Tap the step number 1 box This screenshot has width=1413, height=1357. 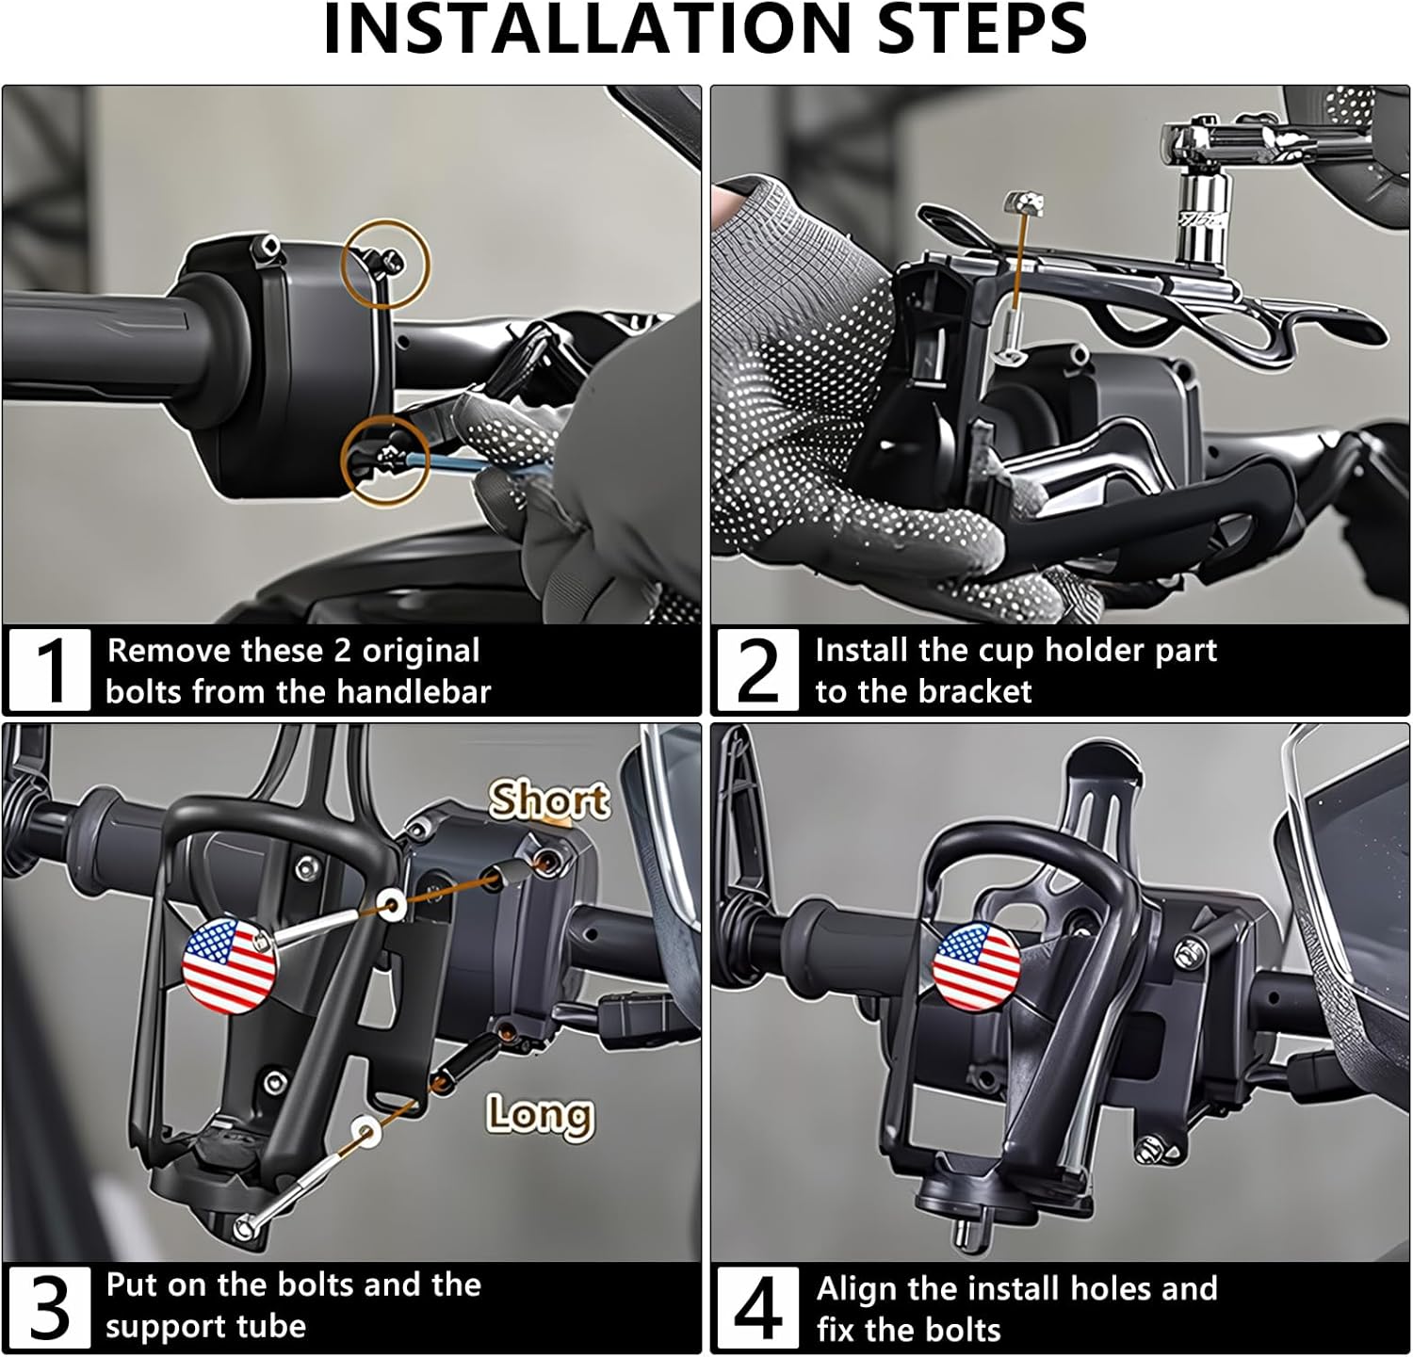coord(50,670)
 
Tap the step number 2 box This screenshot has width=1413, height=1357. coord(757,670)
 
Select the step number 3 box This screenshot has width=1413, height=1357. coord(50,1307)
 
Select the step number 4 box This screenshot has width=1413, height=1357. coord(757,1307)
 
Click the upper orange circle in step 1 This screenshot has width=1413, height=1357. coord(386,263)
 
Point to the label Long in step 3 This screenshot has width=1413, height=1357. coord(540,1115)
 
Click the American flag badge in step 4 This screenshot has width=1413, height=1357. coord(976,968)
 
